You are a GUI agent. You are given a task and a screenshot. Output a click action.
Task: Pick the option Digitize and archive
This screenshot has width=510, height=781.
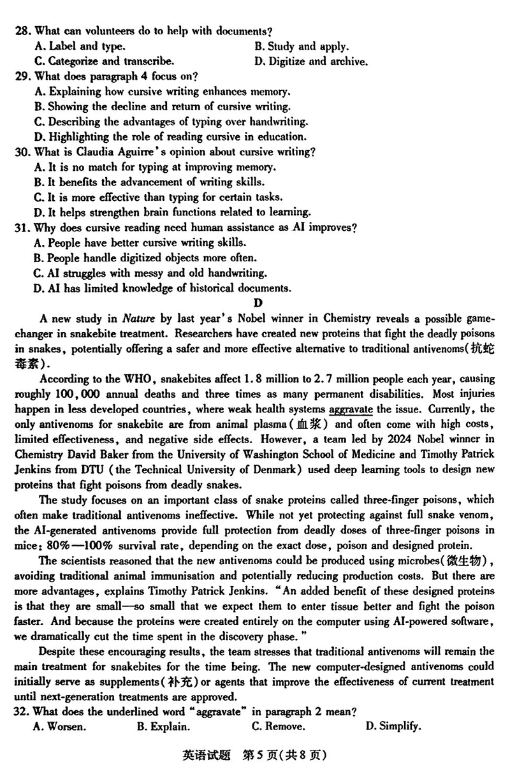pos(310,62)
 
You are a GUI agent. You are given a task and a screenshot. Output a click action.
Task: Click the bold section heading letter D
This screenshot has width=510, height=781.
pos(258,303)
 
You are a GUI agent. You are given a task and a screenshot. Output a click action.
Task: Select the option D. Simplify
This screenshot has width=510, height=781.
pos(393,727)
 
